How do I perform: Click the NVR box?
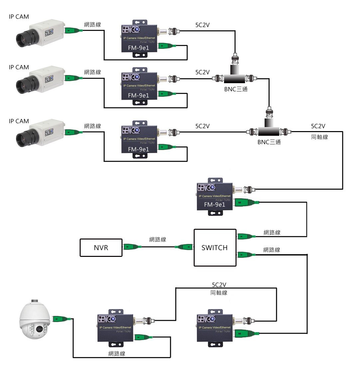[101, 248]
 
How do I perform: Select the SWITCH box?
[215, 248]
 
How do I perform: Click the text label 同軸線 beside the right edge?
[319, 137]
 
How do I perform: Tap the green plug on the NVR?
[132, 247]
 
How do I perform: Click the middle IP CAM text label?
[19, 67]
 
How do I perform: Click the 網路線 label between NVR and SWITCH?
[158, 239]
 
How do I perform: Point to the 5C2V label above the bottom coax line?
[219, 285]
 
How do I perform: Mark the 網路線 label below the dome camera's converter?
[117, 354]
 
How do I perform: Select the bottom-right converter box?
[214, 328]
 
